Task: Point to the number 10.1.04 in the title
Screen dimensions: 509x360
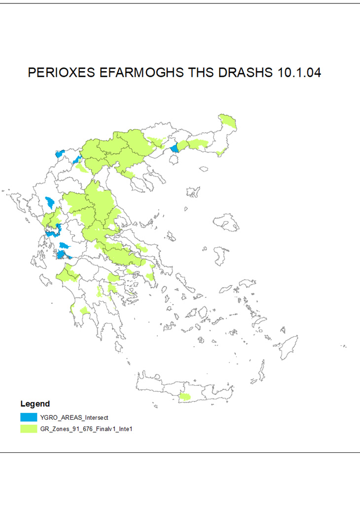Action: [x=299, y=73]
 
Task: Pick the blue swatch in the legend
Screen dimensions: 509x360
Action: [x=28, y=417]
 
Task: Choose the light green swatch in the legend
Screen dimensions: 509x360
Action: [x=28, y=429]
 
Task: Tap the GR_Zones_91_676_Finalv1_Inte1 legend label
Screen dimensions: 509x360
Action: [x=86, y=429]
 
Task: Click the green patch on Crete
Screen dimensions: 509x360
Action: [x=185, y=397]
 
